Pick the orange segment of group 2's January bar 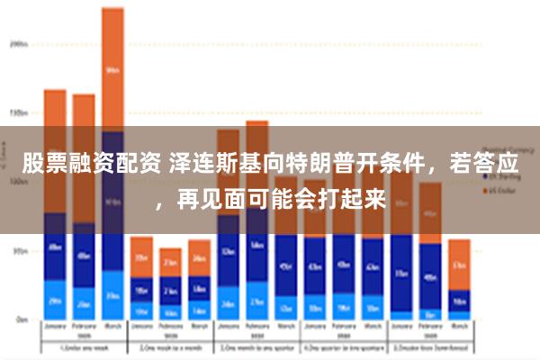tap(141, 256)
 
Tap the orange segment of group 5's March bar tap(459, 264)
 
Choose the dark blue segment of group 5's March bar tap(459, 301)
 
